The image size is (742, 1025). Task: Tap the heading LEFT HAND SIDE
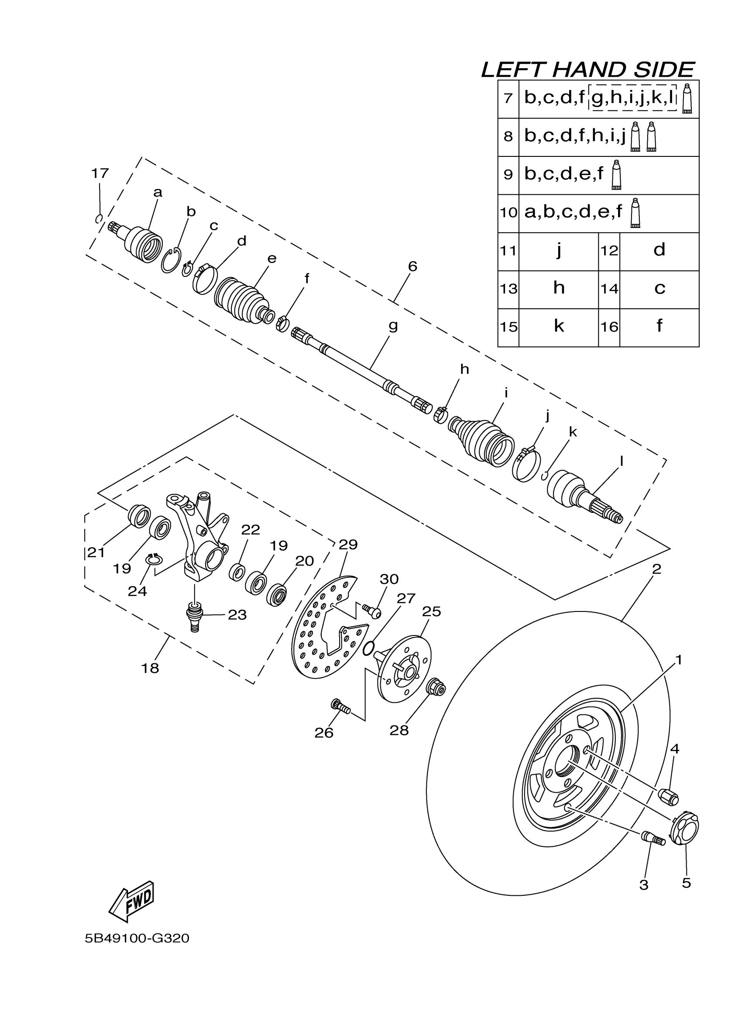(587, 70)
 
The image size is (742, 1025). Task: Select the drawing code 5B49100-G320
(137, 939)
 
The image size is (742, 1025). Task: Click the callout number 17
(100, 173)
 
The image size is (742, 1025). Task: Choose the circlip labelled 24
(154, 559)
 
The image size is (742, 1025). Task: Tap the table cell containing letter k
(559, 326)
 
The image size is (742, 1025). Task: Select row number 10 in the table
(508, 212)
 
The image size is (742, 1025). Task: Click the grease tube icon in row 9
(615, 174)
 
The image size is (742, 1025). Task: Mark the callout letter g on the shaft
(393, 325)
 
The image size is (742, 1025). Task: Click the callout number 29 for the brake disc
(348, 545)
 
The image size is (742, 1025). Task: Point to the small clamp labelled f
(282, 324)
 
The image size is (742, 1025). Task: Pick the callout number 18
(150, 668)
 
